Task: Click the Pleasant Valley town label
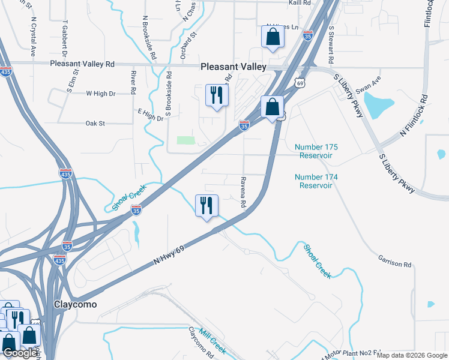(234, 67)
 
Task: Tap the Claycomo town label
(76, 304)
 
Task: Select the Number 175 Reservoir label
(316, 151)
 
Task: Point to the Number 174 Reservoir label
(316, 181)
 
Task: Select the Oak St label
(95, 123)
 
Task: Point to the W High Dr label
(101, 94)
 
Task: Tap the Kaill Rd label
(299, 3)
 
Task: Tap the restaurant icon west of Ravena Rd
(205, 205)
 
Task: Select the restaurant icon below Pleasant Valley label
(215, 95)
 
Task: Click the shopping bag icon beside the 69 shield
(272, 107)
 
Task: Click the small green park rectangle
(186, 140)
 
